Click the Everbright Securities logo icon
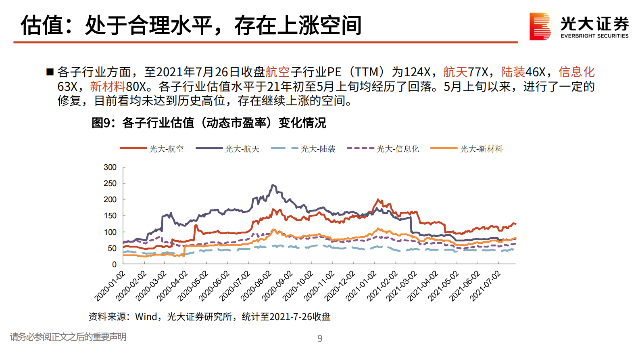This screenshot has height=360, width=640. coord(540,26)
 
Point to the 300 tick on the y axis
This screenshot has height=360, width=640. coord(110,167)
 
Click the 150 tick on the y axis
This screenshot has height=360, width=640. coord(110,216)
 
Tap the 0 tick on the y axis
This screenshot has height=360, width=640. coord(114,264)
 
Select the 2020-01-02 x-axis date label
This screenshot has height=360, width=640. coord(110,286)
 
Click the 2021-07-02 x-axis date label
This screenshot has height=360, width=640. coord(485,286)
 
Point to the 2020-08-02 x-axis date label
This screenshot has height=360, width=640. coord(256,286)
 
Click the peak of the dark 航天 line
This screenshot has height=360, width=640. coord(273,185)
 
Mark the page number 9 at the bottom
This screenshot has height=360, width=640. coord(320,339)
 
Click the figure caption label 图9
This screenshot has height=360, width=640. coord(101,123)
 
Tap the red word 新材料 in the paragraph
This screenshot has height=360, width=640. coord(108,86)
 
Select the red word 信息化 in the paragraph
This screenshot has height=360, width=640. coord(576,72)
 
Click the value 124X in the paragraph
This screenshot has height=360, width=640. coord(417,72)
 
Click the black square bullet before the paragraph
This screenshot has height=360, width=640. coord(50,72)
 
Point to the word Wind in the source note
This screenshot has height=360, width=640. coord(146,317)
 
